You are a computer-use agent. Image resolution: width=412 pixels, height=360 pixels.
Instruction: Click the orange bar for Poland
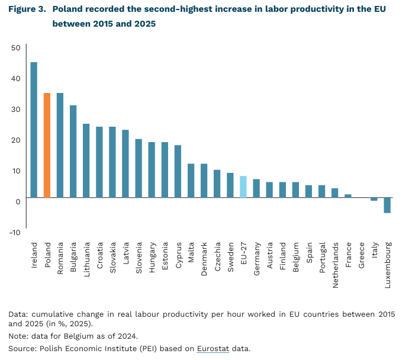point(47,145)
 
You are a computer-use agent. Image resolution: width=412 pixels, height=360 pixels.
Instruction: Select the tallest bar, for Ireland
point(34,130)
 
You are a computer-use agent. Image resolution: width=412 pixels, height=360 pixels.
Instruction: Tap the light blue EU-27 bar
point(243,187)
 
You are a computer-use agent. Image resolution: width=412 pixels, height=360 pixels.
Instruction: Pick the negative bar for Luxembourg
point(387,205)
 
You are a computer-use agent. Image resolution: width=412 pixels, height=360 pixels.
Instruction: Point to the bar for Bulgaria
point(73,151)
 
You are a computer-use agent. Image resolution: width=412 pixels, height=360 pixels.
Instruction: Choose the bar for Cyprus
point(178,171)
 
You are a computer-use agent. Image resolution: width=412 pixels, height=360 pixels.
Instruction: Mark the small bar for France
point(348,195)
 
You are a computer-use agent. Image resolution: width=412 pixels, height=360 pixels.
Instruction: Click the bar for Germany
point(256,188)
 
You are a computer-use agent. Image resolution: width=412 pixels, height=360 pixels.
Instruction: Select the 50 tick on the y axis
point(15,48)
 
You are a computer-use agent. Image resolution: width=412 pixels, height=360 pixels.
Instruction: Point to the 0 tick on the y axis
point(18,201)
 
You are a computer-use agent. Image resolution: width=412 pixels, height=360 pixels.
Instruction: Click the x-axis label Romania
point(60,256)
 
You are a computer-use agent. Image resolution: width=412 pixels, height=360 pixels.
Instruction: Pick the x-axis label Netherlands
point(335,265)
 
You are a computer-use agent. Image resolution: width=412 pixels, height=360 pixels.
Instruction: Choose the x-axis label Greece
point(361,253)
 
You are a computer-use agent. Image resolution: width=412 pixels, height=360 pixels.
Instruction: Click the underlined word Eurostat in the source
point(213,348)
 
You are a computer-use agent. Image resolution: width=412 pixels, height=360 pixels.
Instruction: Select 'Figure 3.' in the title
point(27,10)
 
